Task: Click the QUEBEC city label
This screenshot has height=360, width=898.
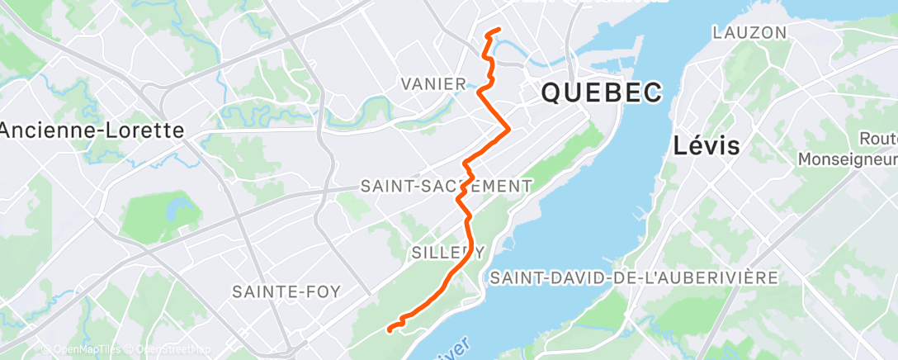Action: click(x=601, y=92)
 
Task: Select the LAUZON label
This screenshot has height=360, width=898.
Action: click(x=749, y=33)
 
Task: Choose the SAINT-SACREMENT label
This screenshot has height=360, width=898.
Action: click(x=446, y=187)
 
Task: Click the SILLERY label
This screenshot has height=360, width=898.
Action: click(x=447, y=252)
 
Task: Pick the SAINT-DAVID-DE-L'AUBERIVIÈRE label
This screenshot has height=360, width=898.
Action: click(x=634, y=278)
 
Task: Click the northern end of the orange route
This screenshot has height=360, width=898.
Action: click(x=499, y=31)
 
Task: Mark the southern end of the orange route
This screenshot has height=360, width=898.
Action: click(x=389, y=329)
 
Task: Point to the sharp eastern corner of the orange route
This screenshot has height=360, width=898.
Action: click(x=508, y=129)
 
